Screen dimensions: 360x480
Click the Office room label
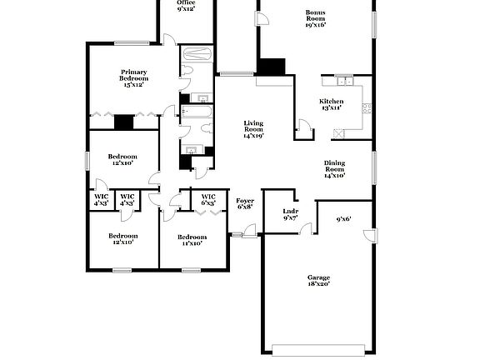pyautogui.click(x=185, y=6)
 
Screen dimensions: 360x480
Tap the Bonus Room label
pyautogui.click(x=315, y=18)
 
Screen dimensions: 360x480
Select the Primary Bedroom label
pyautogui.click(x=133, y=77)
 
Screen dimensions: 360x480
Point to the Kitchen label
pyautogui.click(x=332, y=104)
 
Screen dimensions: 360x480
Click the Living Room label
pyautogui.click(x=253, y=129)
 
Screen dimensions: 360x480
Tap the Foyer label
pyautogui.click(x=245, y=203)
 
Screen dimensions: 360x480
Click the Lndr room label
pyautogui.click(x=290, y=214)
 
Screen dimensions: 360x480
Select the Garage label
pyautogui.click(x=318, y=281)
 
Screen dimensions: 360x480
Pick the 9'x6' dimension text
pyautogui.click(x=343, y=220)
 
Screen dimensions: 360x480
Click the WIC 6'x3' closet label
pyautogui.click(x=208, y=200)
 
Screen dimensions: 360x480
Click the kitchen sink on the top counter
pyautogui.click(x=342, y=81)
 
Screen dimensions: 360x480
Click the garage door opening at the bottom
pyautogui.click(x=318, y=348)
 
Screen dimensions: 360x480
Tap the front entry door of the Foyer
pyautogui.click(x=240, y=236)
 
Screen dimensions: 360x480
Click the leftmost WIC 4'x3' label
pyautogui.click(x=101, y=200)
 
